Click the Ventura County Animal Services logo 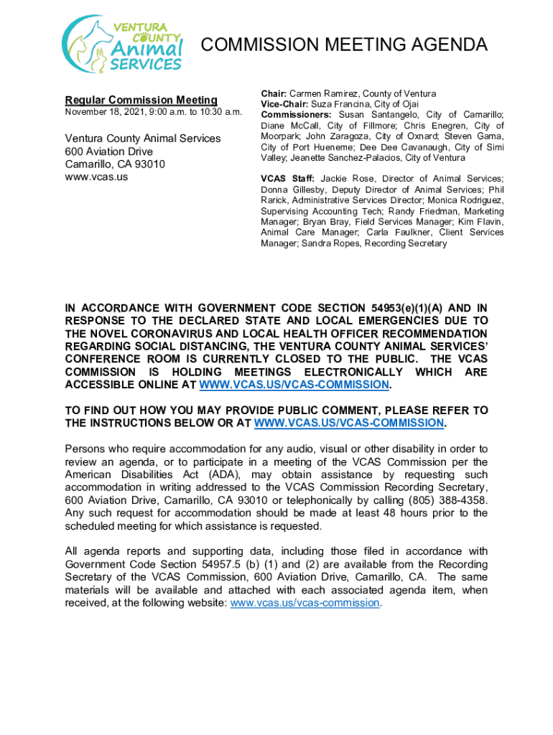tap(121, 44)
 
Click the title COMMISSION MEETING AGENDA tap(344, 45)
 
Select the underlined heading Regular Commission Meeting tap(141, 100)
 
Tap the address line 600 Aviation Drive tap(109, 151)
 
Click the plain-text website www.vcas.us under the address tap(96, 177)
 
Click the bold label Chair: tap(274, 94)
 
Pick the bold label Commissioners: tap(296, 115)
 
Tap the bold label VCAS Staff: tap(287, 179)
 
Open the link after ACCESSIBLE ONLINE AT tap(294, 385)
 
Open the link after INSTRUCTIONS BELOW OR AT tap(349, 423)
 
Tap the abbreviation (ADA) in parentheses tap(205, 474)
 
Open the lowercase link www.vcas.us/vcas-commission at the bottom tap(305, 603)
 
